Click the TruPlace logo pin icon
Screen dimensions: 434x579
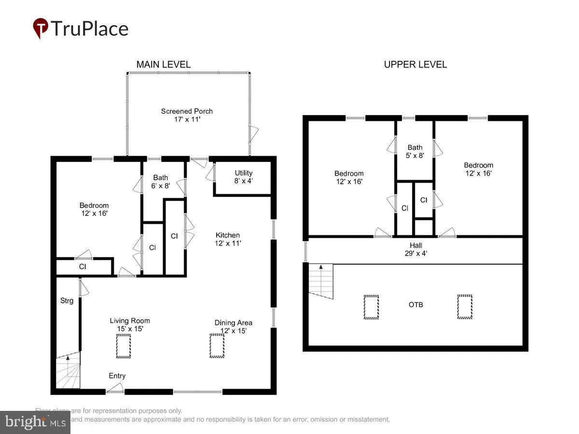41,27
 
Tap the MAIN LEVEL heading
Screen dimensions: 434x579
163,64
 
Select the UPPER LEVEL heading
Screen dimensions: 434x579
415,64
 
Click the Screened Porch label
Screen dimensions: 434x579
187,115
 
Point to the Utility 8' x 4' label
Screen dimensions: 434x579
243,177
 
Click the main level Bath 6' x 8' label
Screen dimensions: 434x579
161,181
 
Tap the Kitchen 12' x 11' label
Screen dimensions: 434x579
228,239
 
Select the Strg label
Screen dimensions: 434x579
67,301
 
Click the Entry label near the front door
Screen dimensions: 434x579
117,376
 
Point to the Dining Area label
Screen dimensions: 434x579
233,326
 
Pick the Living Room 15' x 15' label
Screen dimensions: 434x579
129,324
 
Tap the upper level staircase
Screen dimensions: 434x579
321,281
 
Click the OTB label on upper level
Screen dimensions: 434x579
416,305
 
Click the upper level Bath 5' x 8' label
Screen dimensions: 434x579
415,151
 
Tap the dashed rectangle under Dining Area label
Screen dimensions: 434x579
217,346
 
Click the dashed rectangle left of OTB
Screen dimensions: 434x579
371,307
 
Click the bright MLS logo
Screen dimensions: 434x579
35,422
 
